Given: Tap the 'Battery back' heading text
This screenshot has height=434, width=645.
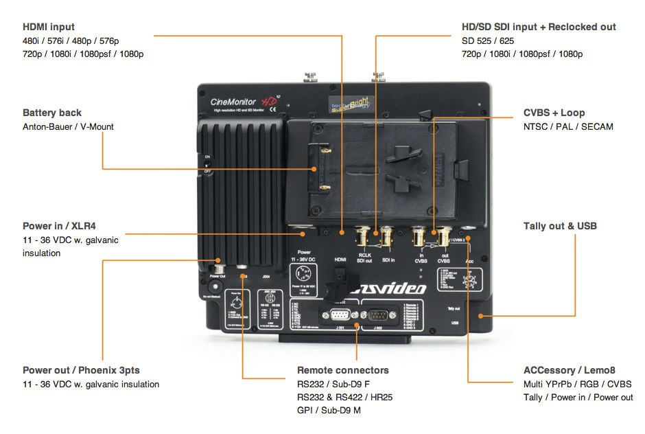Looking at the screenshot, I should tap(52, 113).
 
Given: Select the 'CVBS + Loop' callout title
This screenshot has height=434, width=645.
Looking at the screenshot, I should tap(554, 113).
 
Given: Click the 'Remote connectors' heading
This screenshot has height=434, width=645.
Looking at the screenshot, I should tap(342, 370).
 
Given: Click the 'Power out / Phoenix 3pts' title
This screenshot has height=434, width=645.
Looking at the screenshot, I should tap(81, 370).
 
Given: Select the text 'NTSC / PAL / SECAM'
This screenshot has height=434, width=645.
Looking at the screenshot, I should tap(568, 126).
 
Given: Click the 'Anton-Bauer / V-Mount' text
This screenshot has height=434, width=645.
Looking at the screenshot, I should tap(68, 126).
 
